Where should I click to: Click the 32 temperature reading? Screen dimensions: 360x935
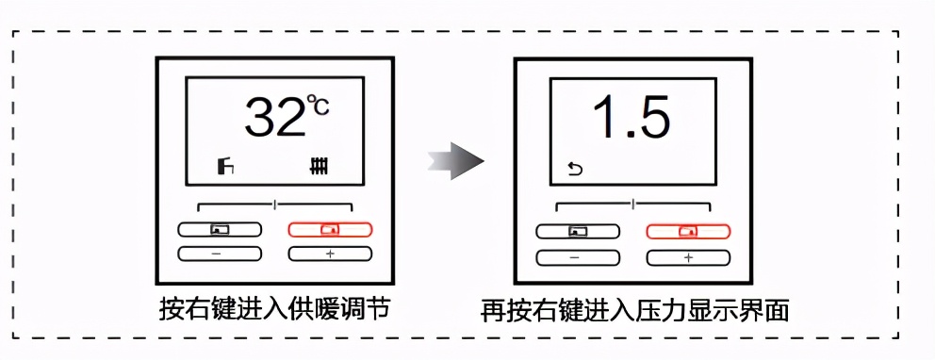[x=272, y=118]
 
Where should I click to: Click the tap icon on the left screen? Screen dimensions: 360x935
[x=223, y=169]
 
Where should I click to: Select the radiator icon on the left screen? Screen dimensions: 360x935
[x=321, y=169]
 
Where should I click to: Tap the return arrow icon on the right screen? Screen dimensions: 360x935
[x=574, y=170]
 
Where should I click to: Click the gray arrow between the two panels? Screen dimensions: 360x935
[x=454, y=162]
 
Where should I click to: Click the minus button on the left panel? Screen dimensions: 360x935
[x=219, y=254]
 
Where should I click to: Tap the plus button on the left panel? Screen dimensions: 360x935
[x=330, y=254]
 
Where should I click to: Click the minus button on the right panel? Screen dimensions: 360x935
[x=577, y=257]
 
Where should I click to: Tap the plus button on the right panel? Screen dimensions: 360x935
[x=687, y=257]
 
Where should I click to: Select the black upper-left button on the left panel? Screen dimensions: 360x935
[x=219, y=229]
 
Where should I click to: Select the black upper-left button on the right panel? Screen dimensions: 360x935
[x=577, y=231]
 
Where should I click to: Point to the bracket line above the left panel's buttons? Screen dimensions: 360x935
[x=274, y=205]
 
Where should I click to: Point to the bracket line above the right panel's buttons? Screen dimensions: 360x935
[x=632, y=205]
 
